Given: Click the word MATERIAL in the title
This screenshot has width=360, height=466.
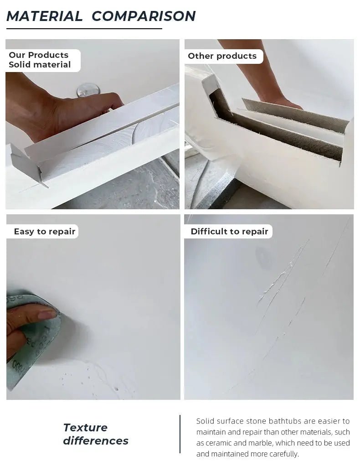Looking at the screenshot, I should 44,16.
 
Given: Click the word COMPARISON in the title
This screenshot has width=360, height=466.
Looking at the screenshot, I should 144,16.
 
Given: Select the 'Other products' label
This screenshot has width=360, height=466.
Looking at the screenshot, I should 222,56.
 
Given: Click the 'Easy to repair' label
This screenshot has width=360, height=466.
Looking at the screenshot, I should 44,232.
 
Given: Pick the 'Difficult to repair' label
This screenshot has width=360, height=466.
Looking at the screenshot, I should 229,232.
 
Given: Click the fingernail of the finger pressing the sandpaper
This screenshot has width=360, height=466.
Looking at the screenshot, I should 47,314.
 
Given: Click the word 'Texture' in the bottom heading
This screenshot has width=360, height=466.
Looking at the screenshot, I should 85,428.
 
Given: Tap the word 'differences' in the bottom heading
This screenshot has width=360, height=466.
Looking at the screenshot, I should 96,441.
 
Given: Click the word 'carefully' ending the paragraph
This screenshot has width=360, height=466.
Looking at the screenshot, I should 284,454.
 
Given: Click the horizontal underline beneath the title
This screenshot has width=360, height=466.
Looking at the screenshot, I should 84,29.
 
